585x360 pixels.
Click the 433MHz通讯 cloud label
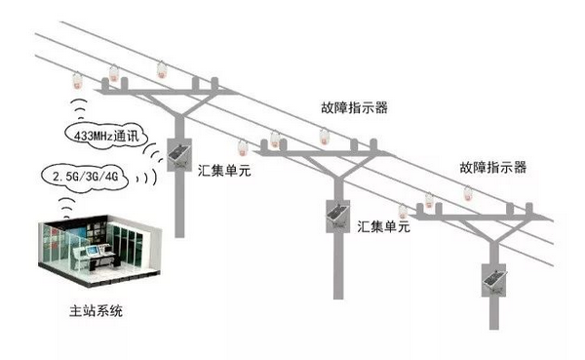106,136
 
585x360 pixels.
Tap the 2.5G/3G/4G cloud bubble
85,177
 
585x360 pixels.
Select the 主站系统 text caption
96,310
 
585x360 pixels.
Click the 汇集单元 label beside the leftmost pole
224,171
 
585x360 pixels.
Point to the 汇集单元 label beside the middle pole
383,226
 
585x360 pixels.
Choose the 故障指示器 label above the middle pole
355,107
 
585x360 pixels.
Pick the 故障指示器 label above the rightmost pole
492,167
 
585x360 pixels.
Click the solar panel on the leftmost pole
178,154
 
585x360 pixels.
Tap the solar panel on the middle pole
337,216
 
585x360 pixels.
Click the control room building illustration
100,250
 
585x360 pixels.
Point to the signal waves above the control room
67,209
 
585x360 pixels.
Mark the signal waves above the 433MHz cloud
80,108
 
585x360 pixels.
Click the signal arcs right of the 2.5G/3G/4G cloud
146,177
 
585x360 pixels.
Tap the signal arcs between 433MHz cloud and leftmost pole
152,153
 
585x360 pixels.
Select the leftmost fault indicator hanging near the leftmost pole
77,81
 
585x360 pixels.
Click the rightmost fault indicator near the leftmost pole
162,70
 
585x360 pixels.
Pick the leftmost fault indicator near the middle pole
243,148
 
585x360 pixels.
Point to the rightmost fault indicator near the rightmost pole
469,193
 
